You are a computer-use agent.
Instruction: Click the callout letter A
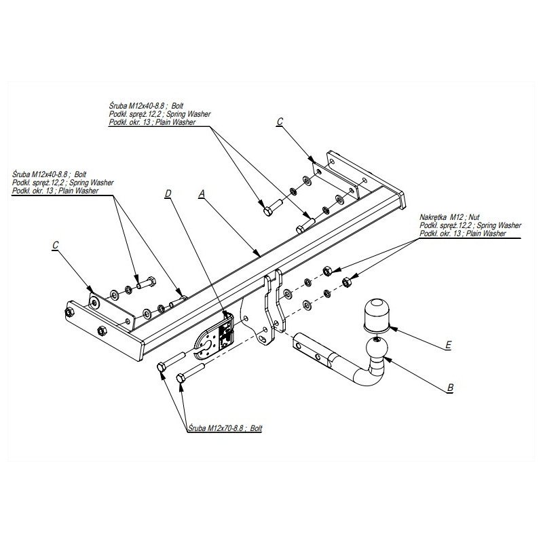pyautogui.click(x=202, y=194)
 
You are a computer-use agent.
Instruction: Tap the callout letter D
pyautogui.click(x=168, y=193)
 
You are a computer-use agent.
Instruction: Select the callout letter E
pyautogui.click(x=449, y=345)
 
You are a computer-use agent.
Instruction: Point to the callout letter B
pyautogui.click(x=450, y=388)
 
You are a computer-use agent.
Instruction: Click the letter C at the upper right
pyautogui.click(x=280, y=121)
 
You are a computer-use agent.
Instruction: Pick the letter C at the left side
pyautogui.click(x=56, y=245)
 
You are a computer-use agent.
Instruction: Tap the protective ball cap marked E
pyautogui.click(x=376, y=314)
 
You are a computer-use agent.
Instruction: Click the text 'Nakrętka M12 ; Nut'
pyautogui.click(x=449, y=217)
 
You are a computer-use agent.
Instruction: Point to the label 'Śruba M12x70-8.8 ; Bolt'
pyautogui.click(x=225, y=428)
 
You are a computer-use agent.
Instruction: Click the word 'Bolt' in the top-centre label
pyautogui.click(x=177, y=106)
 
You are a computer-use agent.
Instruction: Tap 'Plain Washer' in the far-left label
pyautogui.click(x=79, y=191)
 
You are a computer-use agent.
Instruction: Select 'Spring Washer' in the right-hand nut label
pyautogui.click(x=499, y=225)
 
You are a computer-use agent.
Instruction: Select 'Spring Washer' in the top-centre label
pyautogui.click(x=189, y=114)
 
